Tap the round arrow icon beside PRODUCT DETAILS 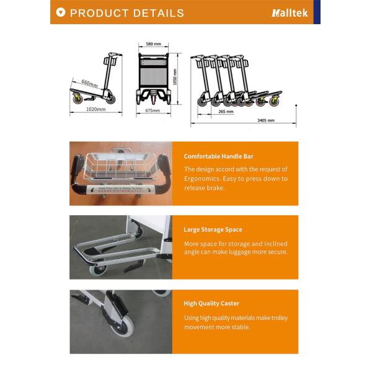(60, 12)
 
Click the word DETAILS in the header (156, 13)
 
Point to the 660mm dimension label (89, 83)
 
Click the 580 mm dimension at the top (153, 45)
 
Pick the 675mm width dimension (153, 110)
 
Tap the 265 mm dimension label (226, 112)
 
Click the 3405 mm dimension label (265, 120)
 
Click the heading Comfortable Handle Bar (218, 156)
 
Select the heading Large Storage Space (213, 229)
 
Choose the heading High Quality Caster (211, 303)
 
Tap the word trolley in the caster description (278, 318)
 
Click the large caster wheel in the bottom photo (122, 326)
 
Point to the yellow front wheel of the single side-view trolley (78, 99)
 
